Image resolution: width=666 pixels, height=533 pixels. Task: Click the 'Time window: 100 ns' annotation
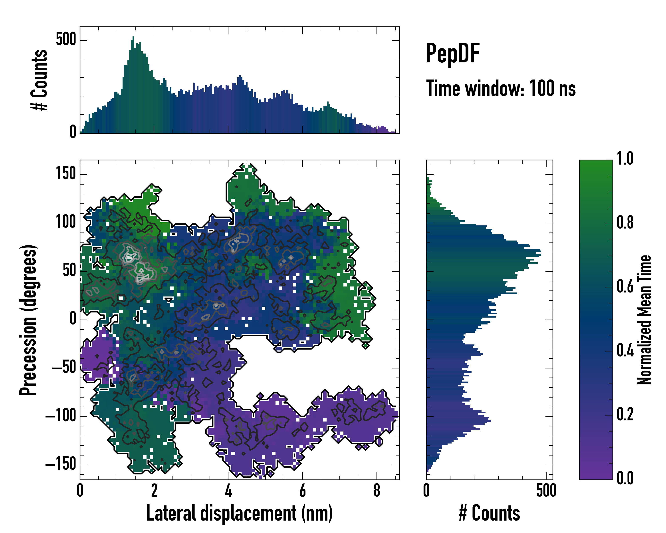point(501,89)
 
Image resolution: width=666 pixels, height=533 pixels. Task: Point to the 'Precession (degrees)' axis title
point(28,320)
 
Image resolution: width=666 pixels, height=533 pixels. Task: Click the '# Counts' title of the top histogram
point(39,80)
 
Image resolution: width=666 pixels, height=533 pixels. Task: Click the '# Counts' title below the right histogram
point(489,513)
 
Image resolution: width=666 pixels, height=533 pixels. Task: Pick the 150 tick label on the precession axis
point(66,174)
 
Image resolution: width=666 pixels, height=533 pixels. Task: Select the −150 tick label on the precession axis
point(61,464)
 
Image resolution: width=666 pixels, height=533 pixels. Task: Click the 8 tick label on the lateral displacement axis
point(377,491)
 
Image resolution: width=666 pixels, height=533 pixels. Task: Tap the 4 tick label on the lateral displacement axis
point(228,491)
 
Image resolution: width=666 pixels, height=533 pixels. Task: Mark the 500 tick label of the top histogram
point(66,40)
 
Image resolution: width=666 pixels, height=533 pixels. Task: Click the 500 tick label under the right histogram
point(546,491)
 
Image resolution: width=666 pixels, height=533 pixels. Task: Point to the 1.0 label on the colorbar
point(625,159)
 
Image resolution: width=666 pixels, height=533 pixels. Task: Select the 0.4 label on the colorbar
point(625,351)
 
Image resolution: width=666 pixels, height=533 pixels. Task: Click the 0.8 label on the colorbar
point(625,223)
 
